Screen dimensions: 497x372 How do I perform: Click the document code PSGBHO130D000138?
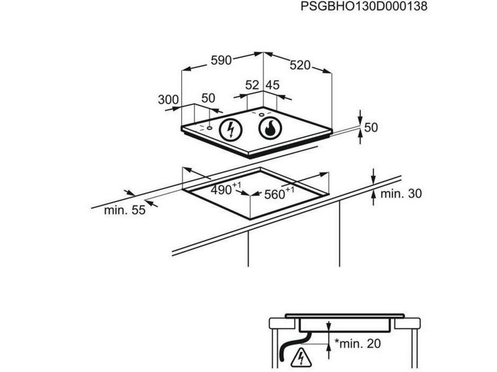coord(363,6)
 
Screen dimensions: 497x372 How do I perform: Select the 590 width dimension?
coord(221,60)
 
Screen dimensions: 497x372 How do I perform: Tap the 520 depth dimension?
coord(300,65)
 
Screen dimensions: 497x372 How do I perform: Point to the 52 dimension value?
coord(252,85)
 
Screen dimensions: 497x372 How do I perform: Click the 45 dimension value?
coord(273,85)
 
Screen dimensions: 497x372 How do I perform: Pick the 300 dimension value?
coord(168,100)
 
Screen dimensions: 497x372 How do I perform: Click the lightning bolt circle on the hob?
coord(230,130)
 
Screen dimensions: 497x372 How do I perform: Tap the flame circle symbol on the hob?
coord(270,128)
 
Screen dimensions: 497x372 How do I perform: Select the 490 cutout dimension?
coord(226,189)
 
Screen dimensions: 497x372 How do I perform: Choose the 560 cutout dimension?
coord(279,193)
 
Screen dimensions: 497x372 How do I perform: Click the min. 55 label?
coord(125,210)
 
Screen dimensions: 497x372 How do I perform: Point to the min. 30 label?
coord(401,193)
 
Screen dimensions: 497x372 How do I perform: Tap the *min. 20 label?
coord(358,343)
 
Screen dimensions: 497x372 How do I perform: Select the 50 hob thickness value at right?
coord(371,128)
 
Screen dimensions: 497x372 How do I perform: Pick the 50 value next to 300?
coord(208,99)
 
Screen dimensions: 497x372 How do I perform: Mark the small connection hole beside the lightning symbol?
coord(209,128)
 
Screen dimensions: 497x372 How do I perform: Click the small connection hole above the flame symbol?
coord(262,115)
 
